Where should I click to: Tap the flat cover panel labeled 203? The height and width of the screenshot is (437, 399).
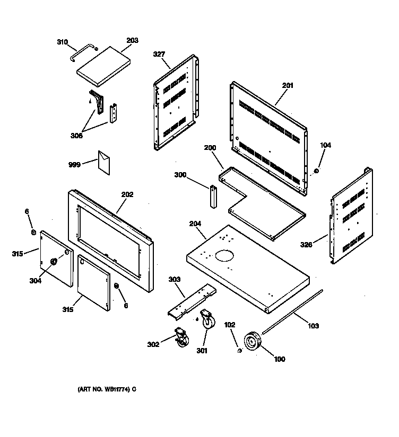tap(103, 66)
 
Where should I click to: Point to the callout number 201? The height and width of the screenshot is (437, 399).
tap(288, 86)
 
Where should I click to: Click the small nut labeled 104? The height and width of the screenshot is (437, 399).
tap(316, 171)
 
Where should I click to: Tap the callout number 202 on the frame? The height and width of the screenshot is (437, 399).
tap(127, 194)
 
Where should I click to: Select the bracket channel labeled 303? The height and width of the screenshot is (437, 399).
tap(191, 305)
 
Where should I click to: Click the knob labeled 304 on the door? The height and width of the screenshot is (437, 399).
tap(54, 262)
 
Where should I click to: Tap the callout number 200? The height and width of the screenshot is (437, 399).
tap(210, 148)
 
